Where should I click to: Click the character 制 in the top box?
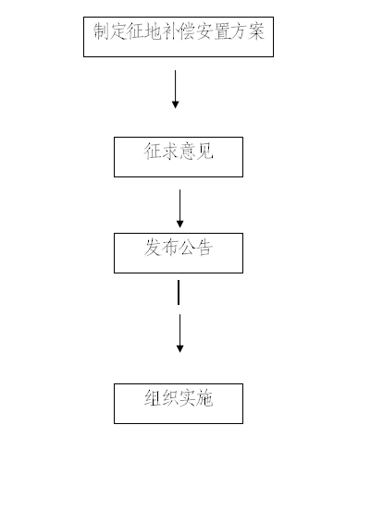[101, 31]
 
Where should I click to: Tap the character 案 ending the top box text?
[256, 31]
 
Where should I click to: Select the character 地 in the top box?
[153, 31]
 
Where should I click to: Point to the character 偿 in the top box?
[187, 31]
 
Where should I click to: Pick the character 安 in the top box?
[204, 31]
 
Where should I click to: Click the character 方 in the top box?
[239, 31]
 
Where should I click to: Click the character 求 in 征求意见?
[169, 152]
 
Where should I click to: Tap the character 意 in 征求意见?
[187, 152]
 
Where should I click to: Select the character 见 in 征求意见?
[204, 152]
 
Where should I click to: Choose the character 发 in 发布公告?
[153, 248]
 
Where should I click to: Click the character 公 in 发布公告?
[187, 248]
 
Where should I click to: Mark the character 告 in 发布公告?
[204, 248]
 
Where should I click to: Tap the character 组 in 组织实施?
[153, 398]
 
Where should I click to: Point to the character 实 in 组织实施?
[187, 398]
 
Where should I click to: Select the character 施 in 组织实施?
[204, 398]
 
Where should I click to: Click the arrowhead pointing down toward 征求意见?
[175, 104]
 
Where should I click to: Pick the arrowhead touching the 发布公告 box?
[179, 224]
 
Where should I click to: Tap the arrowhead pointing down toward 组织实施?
[179, 348]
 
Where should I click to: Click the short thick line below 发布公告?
[179, 292]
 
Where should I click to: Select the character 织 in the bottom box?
[169, 398]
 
